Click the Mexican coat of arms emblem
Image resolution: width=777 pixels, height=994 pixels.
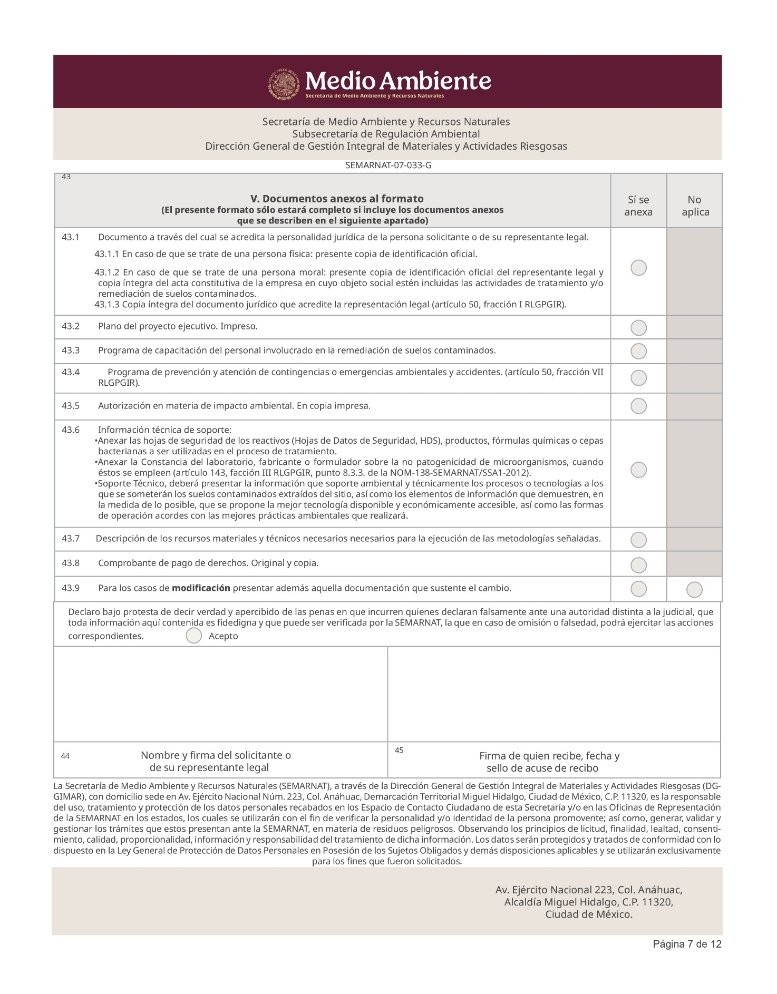284,84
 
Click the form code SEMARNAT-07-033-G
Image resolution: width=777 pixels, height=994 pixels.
388,165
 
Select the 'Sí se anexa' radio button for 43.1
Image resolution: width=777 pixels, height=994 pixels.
638,268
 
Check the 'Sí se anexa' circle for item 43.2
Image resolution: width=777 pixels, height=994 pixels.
638,328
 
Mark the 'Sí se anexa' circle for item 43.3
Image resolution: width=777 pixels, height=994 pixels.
638,351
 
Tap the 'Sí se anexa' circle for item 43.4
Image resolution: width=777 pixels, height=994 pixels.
638,378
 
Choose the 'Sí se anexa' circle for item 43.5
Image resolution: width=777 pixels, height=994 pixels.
638,406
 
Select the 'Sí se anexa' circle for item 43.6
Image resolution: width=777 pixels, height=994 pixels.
638,470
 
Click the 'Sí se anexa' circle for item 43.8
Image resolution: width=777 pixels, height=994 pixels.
638,565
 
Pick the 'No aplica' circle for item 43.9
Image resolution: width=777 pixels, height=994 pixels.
694,590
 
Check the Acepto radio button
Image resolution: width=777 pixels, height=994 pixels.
194,636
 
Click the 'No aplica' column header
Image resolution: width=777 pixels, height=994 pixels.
695,206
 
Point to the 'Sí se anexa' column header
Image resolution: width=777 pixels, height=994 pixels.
638,206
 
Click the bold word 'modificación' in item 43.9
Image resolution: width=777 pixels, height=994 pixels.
201,588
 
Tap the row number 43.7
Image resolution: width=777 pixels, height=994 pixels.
71,539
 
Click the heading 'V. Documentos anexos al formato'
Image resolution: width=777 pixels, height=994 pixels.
337,199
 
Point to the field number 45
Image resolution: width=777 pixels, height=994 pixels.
399,750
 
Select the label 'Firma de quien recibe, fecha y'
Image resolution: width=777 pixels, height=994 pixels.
549,756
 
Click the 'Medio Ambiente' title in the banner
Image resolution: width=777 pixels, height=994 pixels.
398,81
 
